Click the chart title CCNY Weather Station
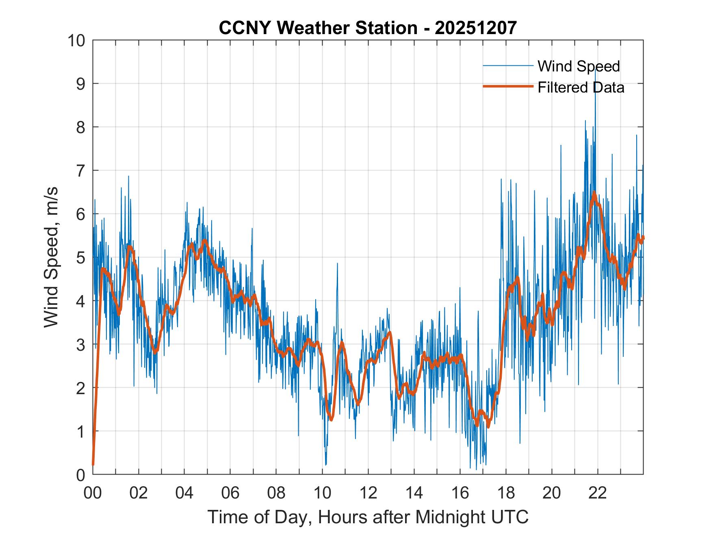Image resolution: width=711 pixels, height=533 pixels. coord(367,28)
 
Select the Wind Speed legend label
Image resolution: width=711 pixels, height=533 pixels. coord(579,66)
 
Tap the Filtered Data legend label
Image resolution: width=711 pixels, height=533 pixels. coord(581,87)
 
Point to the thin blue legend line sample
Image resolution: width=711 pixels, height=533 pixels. coord(507,66)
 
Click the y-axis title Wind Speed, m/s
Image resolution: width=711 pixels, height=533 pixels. coord(51,257)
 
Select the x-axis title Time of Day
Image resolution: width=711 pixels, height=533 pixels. coord(368,517)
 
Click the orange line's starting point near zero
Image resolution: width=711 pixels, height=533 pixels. coord(93,464)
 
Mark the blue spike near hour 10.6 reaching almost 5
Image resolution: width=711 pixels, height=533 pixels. coord(337,264)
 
